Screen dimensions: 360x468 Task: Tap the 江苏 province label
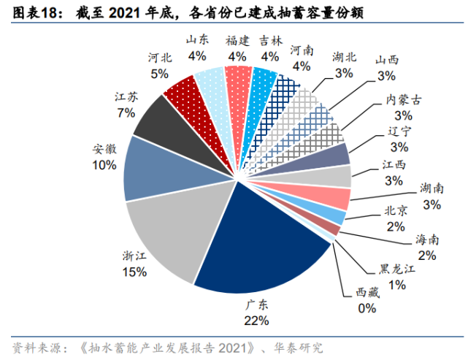pyautogui.click(x=126, y=96)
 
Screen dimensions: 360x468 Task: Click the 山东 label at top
pyautogui.click(x=197, y=40)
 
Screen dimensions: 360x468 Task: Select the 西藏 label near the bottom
pyautogui.click(x=368, y=293)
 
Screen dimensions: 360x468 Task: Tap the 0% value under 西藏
pyautogui.click(x=368, y=308)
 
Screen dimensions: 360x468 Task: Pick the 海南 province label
pyautogui.click(x=427, y=240)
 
